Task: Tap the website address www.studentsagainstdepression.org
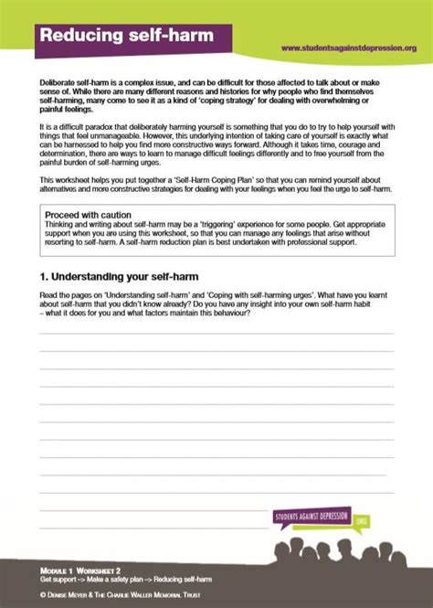pos(348,48)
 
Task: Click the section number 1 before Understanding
pos(43,274)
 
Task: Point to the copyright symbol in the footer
pos(43,593)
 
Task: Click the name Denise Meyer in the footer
pos(72,593)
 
